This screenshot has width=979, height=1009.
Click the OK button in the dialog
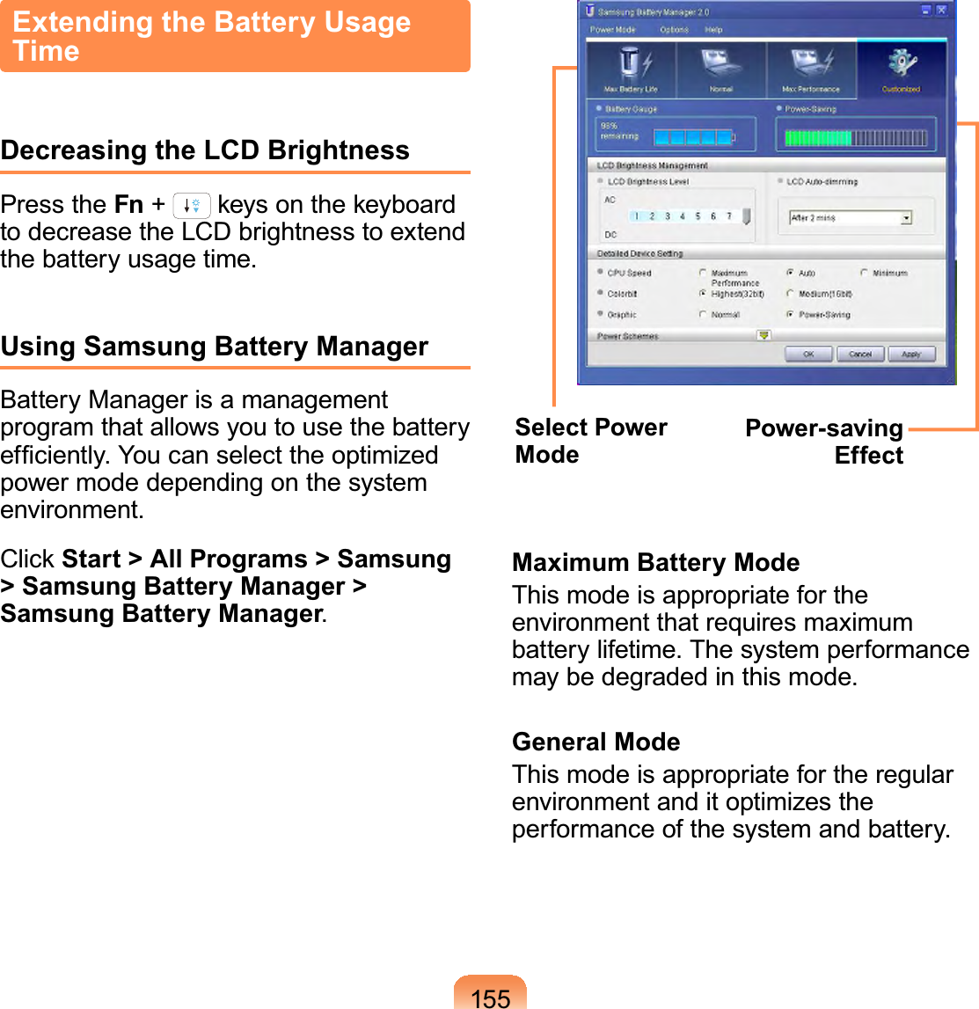pyautogui.click(x=808, y=355)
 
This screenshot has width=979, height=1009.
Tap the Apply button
pyautogui.click(x=911, y=355)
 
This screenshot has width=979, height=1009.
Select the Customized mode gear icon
pyautogui.click(x=901, y=65)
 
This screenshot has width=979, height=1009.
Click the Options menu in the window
pyautogui.click(x=674, y=30)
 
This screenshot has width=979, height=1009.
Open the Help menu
pyautogui.click(x=713, y=30)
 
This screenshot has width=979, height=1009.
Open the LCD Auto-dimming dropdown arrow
pyautogui.click(x=906, y=218)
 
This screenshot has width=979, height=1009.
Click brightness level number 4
pyautogui.click(x=683, y=216)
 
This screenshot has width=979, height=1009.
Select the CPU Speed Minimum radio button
pyautogui.click(x=865, y=274)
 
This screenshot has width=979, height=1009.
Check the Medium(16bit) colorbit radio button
pyautogui.click(x=791, y=294)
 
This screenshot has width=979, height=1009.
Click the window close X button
pyautogui.click(x=941, y=11)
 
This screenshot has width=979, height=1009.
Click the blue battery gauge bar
pyautogui.click(x=692, y=137)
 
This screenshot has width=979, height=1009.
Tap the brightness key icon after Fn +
pyautogui.click(x=192, y=206)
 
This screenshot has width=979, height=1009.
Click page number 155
pyautogui.click(x=490, y=997)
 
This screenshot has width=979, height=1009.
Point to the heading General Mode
pyautogui.click(x=595, y=742)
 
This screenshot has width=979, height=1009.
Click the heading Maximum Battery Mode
pyautogui.click(x=655, y=562)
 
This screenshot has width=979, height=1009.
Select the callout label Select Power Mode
pyautogui.click(x=590, y=441)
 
